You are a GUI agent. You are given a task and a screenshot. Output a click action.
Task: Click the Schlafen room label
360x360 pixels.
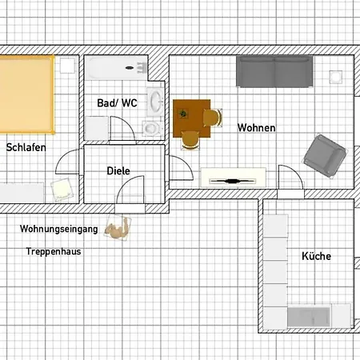[26, 148]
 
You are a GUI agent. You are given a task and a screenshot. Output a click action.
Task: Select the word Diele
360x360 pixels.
[118, 170]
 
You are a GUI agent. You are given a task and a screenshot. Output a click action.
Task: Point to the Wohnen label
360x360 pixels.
[257, 128]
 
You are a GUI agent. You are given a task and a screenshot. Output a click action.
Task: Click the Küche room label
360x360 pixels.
[316, 257]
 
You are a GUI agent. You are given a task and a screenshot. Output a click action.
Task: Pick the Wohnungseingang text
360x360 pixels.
[59, 229]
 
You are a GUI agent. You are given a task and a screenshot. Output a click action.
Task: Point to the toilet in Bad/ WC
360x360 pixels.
[150, 126]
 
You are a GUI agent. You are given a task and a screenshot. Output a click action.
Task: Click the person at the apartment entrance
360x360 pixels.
[119, 229]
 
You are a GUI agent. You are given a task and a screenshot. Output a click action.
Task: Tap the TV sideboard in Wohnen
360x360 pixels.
[234, 178]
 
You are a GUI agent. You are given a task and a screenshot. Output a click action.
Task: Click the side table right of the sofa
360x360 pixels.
[337, 76]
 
